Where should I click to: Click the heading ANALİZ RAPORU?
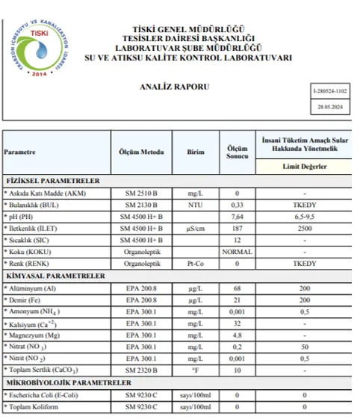[175, 87]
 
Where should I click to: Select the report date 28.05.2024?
[330, 107]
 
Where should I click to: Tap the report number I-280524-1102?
[330, 91]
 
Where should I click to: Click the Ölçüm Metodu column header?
[142, 151]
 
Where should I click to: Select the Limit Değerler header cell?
[305, 166]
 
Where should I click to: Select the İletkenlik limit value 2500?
[305, 229]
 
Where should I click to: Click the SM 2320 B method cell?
[142, 370]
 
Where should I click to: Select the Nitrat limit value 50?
[305, 347]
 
